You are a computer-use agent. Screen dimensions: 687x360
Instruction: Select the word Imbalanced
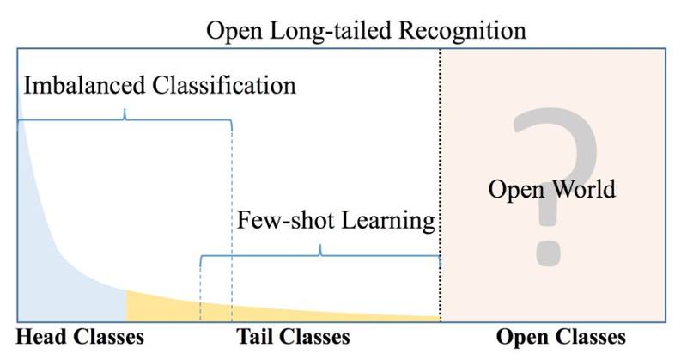84,85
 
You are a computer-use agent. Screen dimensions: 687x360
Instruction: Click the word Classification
224,85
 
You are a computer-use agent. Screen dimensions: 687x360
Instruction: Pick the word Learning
388,221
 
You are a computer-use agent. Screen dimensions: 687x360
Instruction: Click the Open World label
551,189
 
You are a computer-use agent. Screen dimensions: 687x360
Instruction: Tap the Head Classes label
80,337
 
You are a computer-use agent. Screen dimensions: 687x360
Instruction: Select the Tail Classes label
293,337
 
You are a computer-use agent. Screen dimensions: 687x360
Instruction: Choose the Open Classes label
561,337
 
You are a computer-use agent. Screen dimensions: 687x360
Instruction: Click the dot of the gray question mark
548,253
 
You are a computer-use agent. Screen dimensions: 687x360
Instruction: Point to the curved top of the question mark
556,127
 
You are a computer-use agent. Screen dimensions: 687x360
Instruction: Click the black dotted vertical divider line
440,185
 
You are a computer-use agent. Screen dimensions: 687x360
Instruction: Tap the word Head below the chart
41,337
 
